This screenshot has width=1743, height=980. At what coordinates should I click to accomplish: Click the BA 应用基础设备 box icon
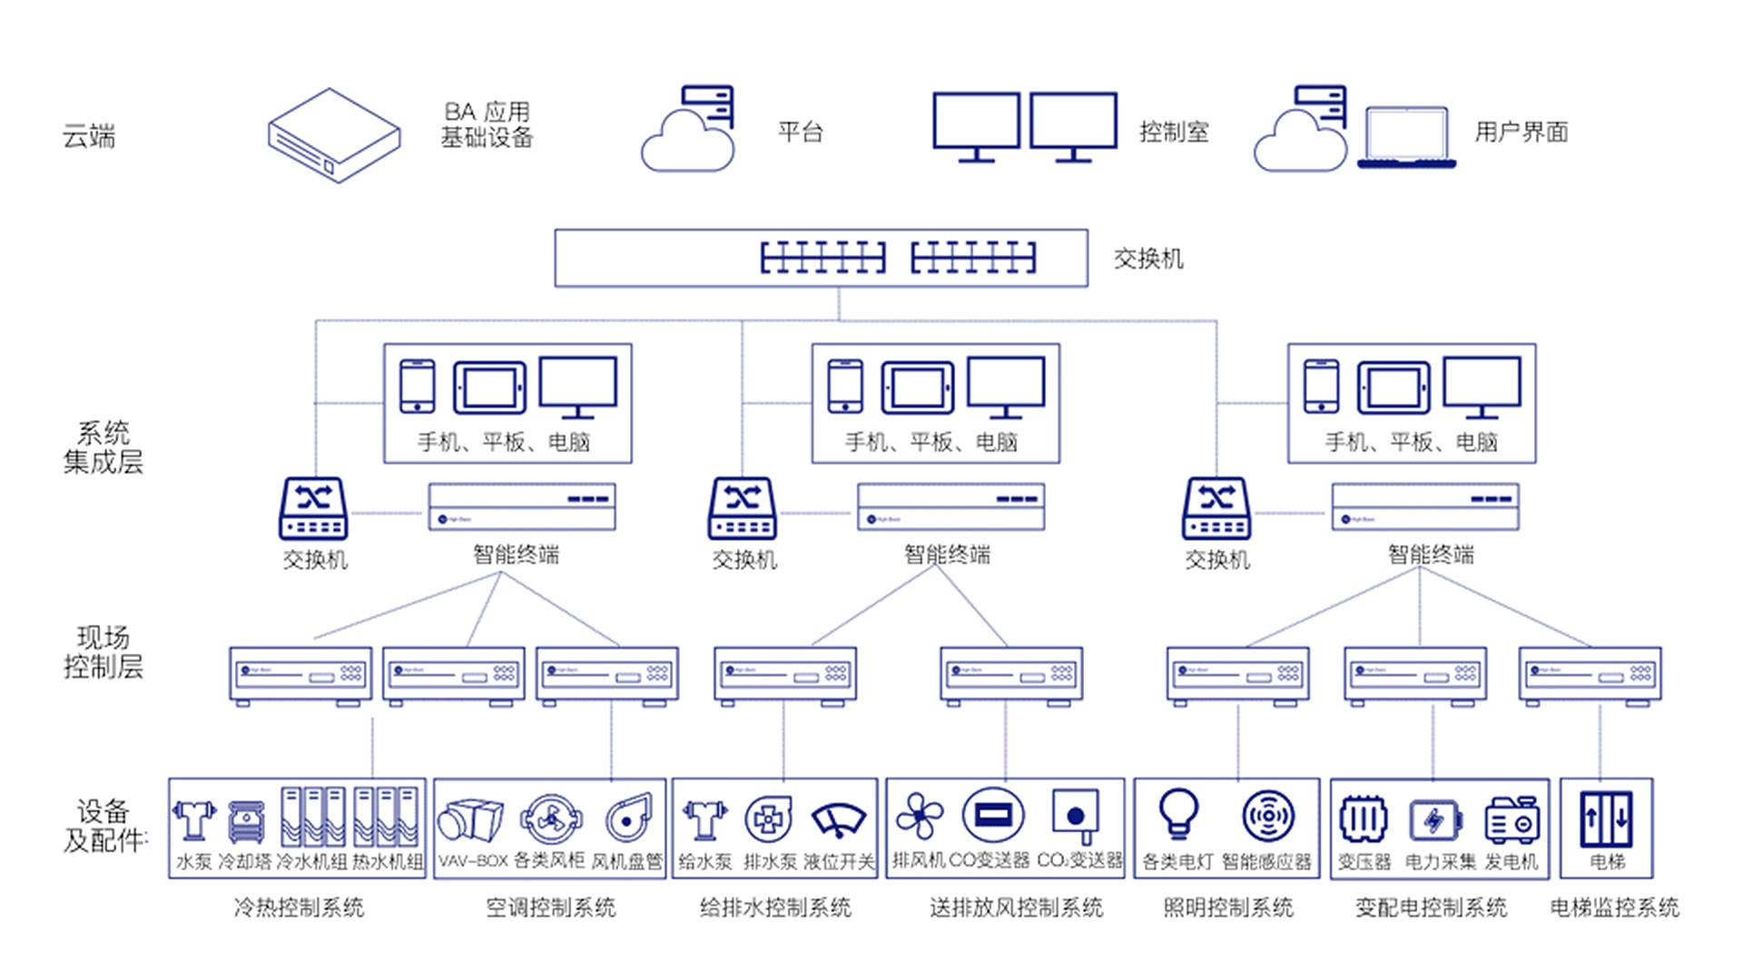334,136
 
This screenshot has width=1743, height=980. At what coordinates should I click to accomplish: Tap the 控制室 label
1173,132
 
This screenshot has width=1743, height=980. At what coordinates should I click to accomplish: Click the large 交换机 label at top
1148,260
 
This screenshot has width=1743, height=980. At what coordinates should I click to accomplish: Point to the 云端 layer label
88,137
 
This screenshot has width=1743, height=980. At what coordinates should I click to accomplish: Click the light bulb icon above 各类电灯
1178,813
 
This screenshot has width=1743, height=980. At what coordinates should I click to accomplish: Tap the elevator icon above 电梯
1606,818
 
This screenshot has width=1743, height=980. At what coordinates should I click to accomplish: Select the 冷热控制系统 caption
299,907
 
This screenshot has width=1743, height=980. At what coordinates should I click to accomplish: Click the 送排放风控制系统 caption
1016,907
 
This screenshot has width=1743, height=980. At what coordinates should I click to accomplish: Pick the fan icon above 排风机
920,816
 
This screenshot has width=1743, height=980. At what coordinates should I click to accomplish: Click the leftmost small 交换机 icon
313,508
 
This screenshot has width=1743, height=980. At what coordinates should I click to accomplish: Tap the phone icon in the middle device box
845,386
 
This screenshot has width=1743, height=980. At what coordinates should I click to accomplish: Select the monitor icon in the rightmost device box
1482,387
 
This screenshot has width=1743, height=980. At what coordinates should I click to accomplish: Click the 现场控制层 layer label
103,652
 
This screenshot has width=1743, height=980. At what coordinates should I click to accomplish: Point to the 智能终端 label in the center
947,554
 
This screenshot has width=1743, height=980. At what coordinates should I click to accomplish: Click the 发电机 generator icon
1512,820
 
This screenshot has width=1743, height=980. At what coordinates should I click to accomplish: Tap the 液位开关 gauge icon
838,819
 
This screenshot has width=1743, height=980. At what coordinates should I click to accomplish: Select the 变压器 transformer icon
1364,819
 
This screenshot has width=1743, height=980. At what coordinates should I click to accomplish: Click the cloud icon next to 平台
687,142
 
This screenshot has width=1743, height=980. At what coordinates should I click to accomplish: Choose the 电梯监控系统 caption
1614,907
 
